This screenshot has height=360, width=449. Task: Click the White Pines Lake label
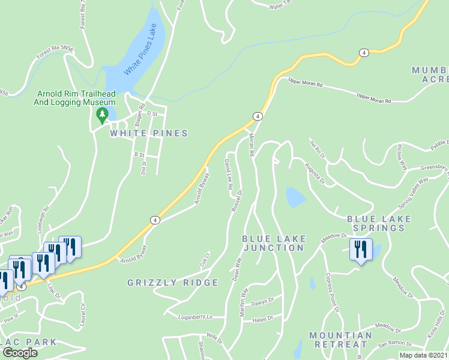click(144, 55)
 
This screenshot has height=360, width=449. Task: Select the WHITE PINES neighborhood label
click(149, 133)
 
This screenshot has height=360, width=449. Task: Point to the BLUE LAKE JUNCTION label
click(273, 243)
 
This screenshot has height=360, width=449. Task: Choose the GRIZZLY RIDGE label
click(173, 283)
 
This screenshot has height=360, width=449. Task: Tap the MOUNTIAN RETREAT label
click(340, 340)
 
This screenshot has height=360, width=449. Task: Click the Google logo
click(19, 353)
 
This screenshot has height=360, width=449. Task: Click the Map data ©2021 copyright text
click(423, 355)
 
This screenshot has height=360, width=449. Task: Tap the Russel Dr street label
click(236, 201)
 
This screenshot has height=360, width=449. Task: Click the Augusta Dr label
click(314, 173)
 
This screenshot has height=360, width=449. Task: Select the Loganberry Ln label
click(196, 316)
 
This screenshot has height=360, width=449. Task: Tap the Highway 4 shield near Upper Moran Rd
click(258, 116)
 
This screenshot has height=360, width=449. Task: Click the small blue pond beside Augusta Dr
click(295, 197)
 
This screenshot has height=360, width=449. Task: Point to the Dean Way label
click(237, 269)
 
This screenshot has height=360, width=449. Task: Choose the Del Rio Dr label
click(318, 148)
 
